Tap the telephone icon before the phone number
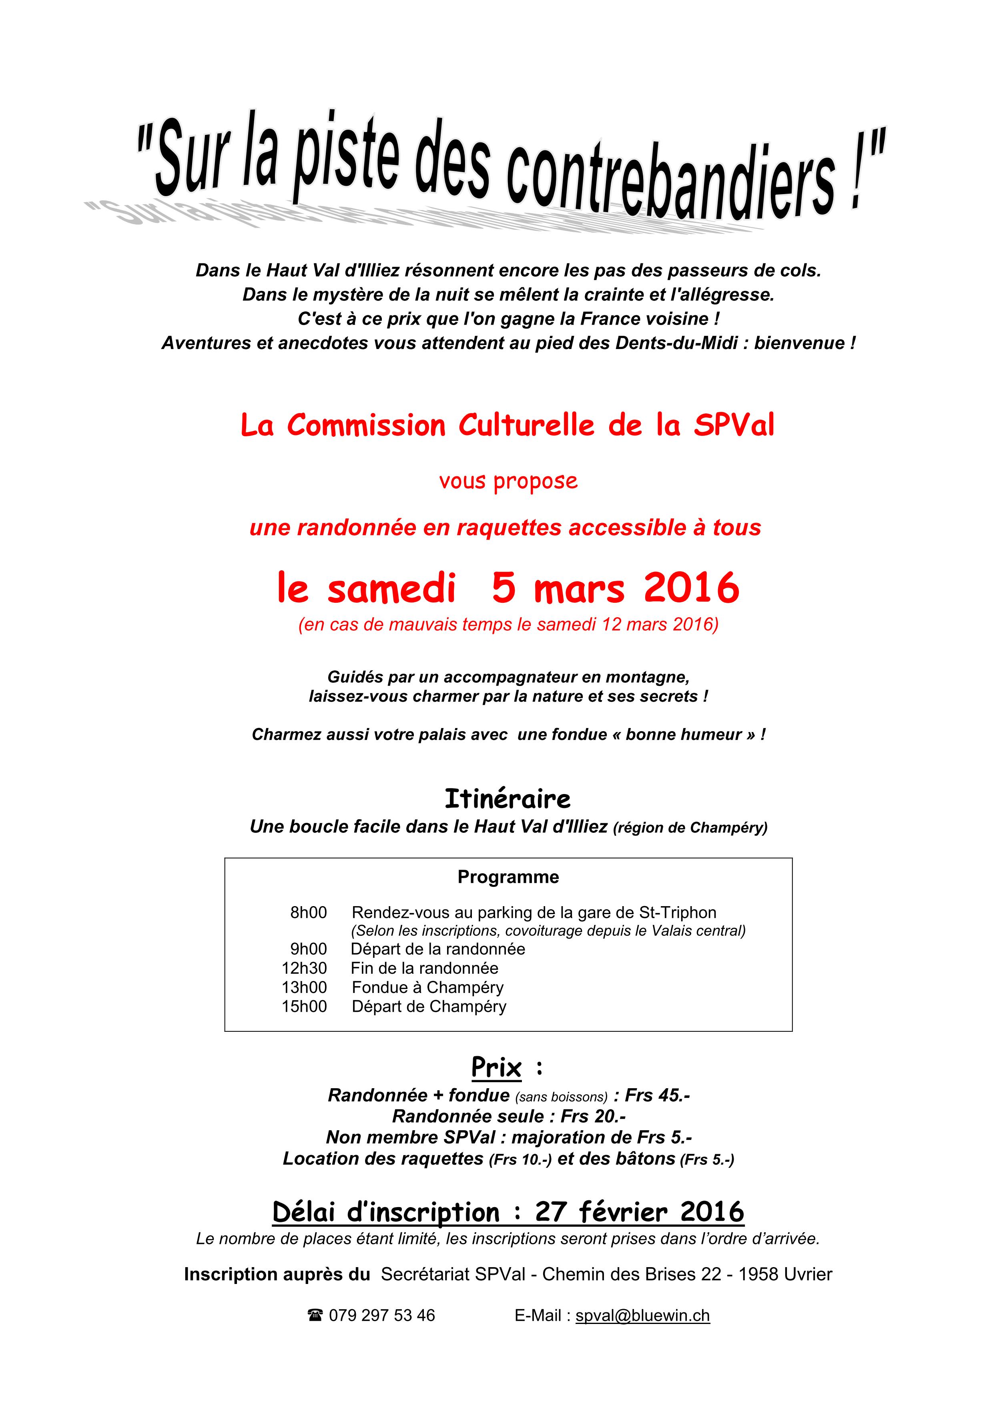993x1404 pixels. (x=315, y=1315)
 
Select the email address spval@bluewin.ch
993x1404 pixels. (x=643, y=1315)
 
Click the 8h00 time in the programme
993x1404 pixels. (x=308, y=913)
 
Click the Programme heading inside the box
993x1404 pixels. (x=508, y=877)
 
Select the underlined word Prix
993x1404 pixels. (x=496, y=1068)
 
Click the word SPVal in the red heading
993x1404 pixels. (x=734, y=425)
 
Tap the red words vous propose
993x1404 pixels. (x=508, y=481)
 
